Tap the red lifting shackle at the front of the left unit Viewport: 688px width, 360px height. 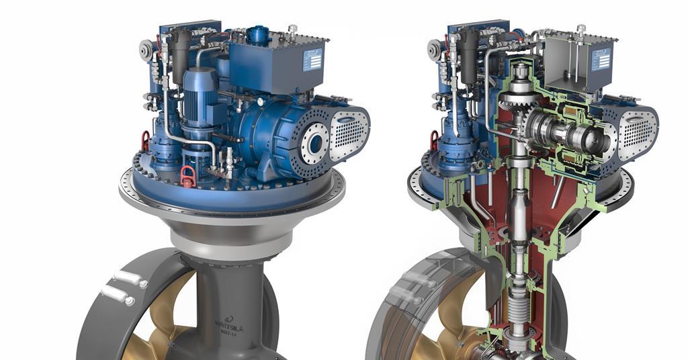188,177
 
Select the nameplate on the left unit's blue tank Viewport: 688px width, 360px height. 312,60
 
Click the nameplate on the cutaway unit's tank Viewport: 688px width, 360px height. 600,60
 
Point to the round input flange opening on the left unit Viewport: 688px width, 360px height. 313,142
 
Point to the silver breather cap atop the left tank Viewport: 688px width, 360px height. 292,30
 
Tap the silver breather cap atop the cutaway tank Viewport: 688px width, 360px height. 580,30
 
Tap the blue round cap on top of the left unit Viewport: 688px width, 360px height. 257,33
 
